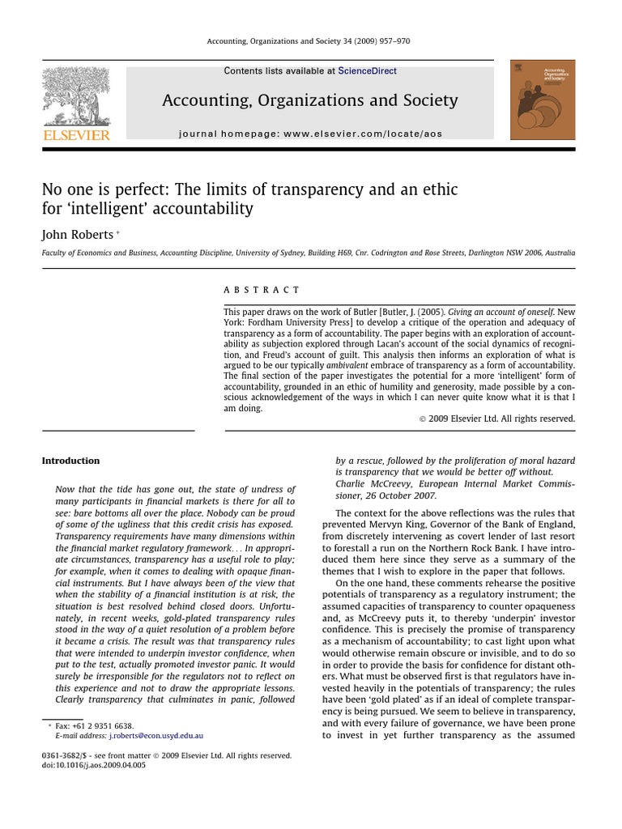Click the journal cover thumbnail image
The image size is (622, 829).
(543, 100)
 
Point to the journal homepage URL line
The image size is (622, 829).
(310, 134)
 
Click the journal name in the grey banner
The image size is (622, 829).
(310, 100)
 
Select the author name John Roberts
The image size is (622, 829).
(78, 235)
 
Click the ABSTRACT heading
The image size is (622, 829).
(262, 290)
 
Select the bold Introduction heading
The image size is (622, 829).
(70, 461)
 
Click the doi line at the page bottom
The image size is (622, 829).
(94, 765)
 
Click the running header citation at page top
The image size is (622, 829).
(311, 43)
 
